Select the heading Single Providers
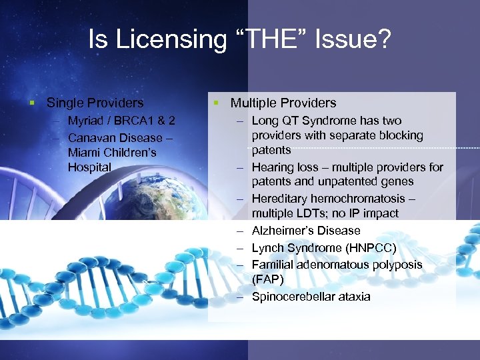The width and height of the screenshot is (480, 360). [x=95, y=103]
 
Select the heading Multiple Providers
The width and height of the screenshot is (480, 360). [x=283, y=103]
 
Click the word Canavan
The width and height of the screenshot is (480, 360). [x=92, y=137]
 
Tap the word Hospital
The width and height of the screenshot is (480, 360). [x=89, y=167]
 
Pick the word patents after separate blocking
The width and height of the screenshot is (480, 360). [x=271, y=150]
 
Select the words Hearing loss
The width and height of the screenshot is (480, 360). [x=283, y=167]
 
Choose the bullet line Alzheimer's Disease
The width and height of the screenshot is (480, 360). [x=306, y=231]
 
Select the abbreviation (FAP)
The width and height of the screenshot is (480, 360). [x=267, y=279]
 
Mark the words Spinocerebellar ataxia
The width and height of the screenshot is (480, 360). [x=311, y=297]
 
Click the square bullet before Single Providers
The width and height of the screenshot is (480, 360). [x=31, y=103]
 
